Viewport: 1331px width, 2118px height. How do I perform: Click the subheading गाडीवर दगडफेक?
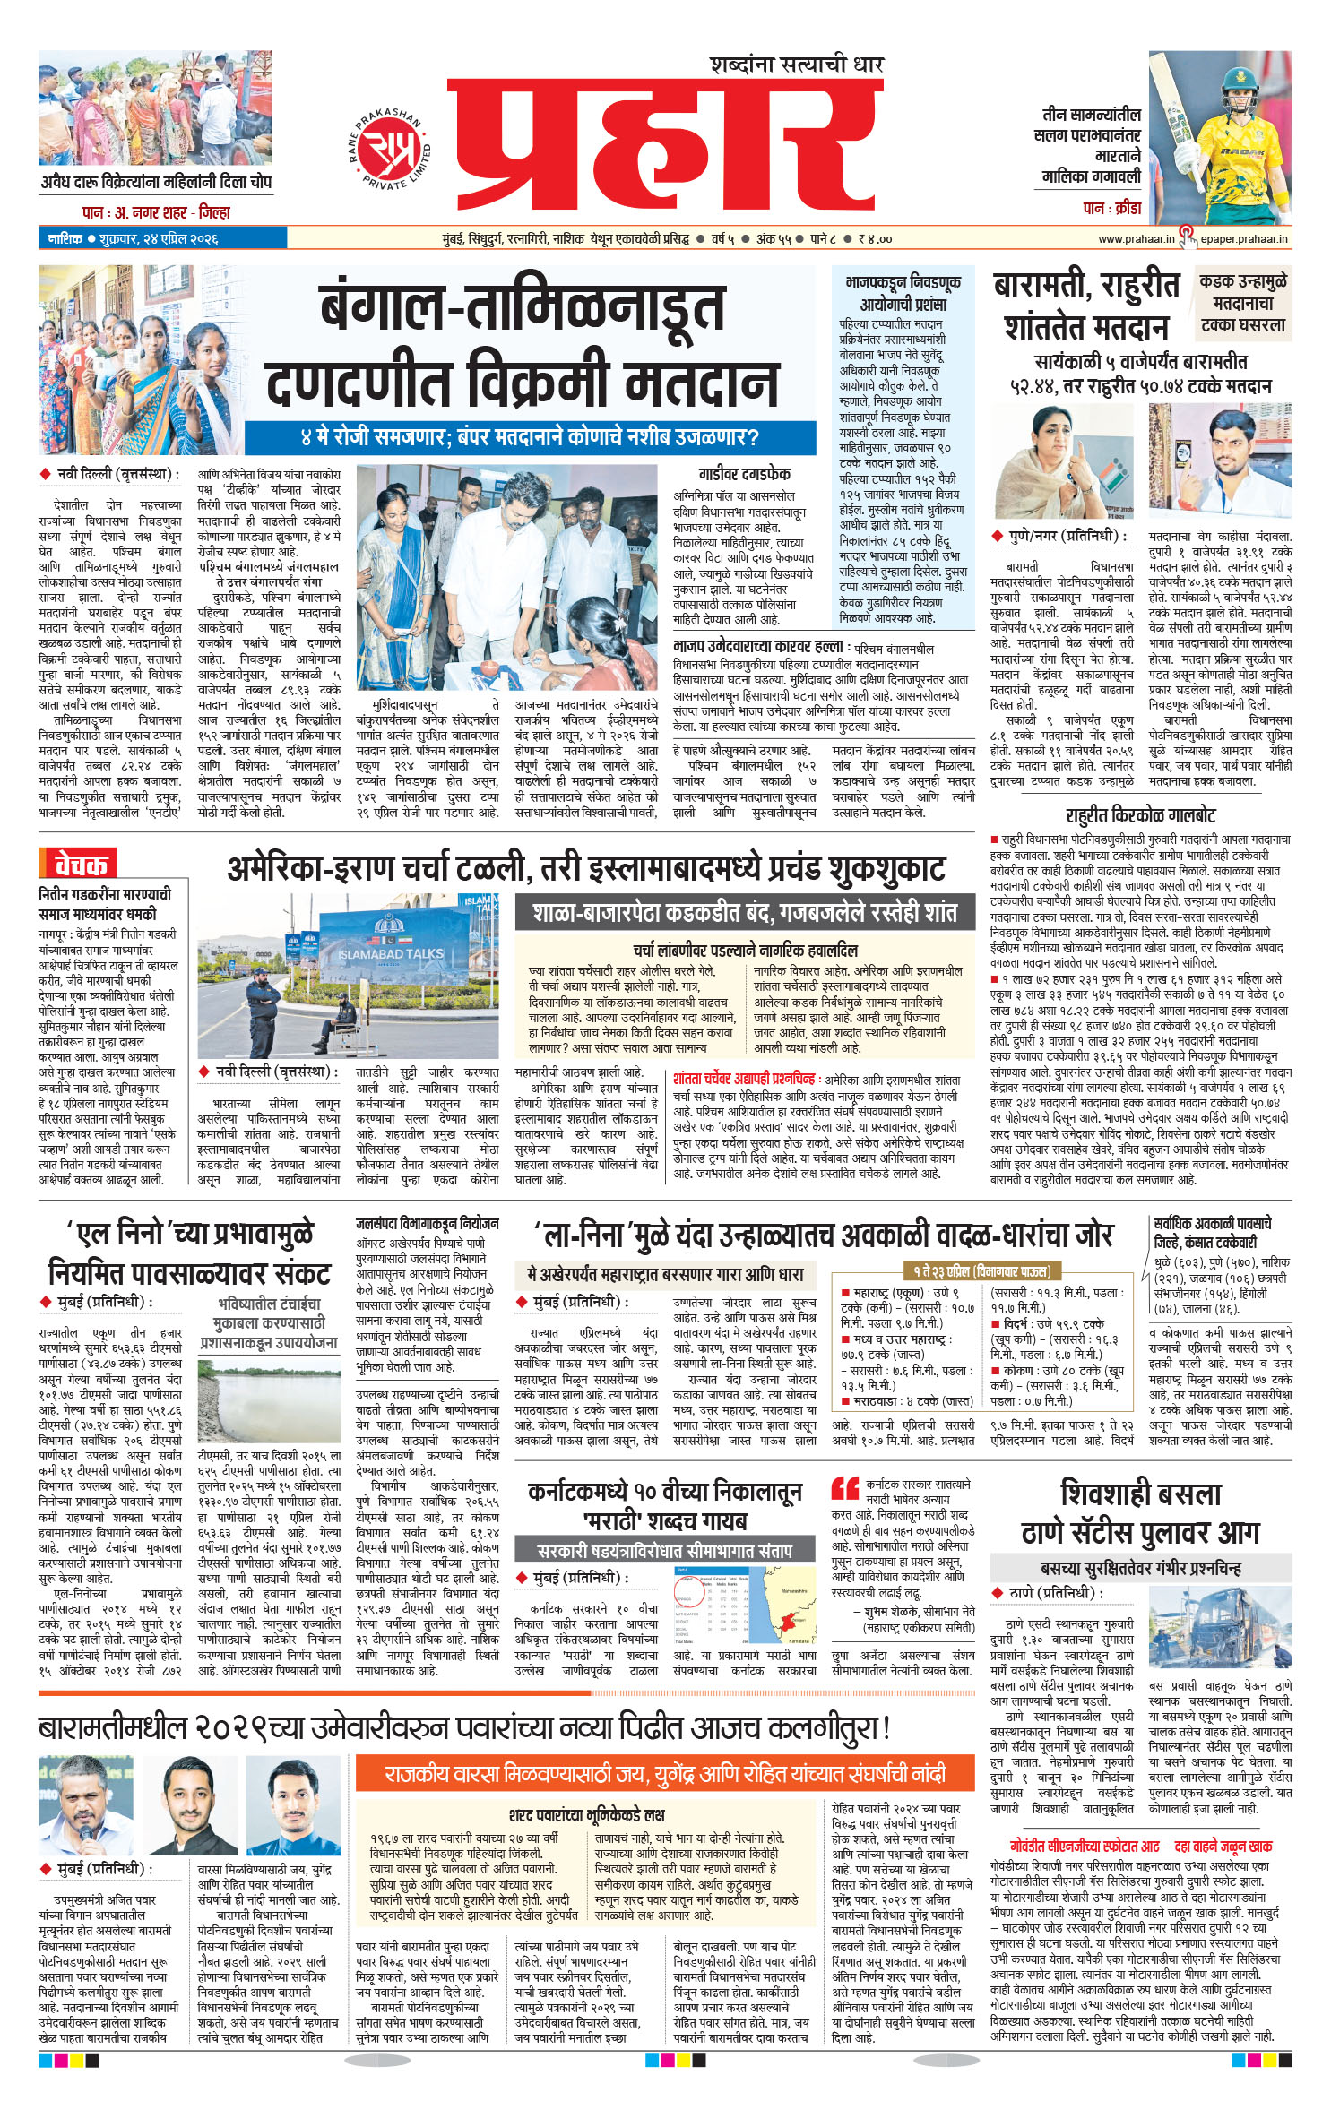pyautogui.click(x=744, y=474)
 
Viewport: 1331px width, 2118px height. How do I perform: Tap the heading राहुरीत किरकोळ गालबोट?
pyautogui.click(x=1140, y=815)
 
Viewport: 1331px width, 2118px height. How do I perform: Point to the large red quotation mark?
pyautogui.click(x=844, y=1489)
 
